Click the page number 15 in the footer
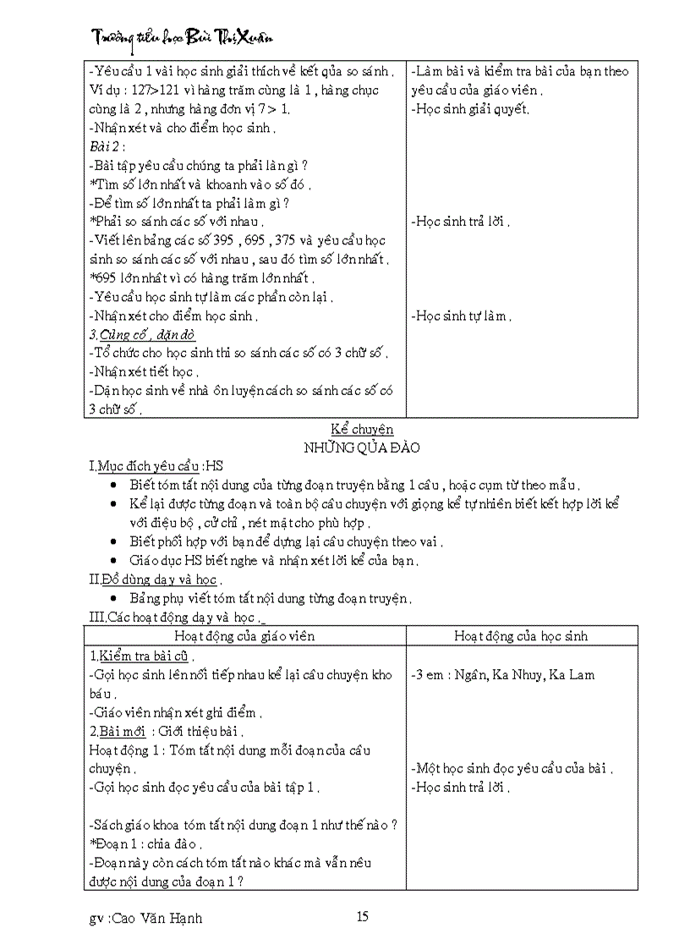(363, 916)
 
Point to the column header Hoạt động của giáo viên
(246, 636)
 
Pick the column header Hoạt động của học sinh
(520, 636)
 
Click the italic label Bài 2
(107, 146)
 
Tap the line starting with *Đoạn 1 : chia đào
(145, 843)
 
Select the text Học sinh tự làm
(461, 316)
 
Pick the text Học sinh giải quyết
(470, 109)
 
